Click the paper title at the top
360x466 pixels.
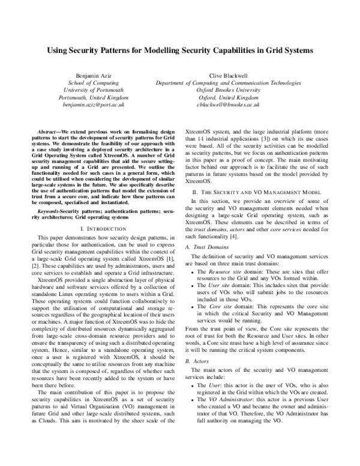(x=180, y=52)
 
